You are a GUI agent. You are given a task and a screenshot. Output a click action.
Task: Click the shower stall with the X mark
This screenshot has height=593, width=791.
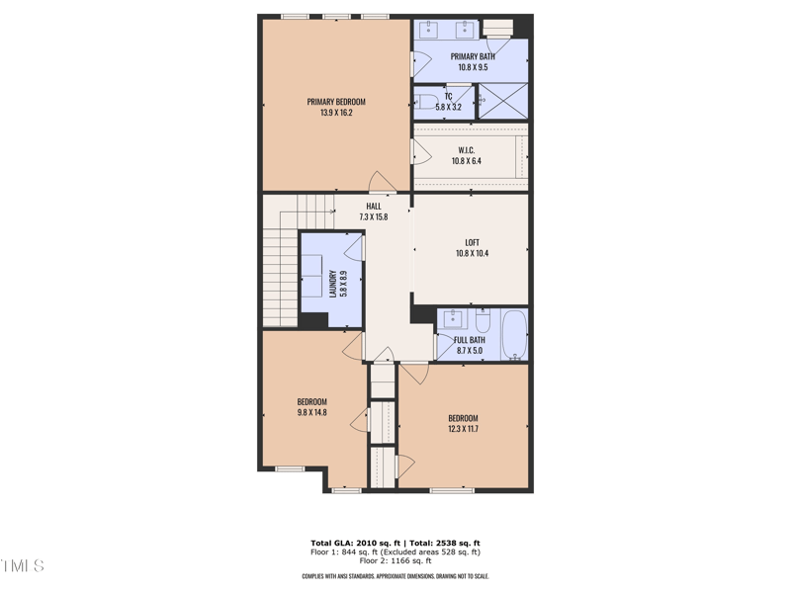pos(502,102)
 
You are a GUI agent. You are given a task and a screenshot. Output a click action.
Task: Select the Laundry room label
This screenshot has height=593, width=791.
pos(331,284)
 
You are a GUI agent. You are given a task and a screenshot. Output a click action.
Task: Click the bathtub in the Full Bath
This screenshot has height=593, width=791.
pos(514,334)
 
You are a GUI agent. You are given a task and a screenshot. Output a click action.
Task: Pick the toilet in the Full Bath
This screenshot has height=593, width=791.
pos(483,321)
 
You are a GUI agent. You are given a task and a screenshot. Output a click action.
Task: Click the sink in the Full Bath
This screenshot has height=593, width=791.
pos(452,318)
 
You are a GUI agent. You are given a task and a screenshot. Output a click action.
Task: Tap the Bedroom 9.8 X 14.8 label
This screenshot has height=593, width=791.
pos(312,407)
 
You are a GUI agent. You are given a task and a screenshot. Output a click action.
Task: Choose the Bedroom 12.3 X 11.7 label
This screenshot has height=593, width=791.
pos(463,423)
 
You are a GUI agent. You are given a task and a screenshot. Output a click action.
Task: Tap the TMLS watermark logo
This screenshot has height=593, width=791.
pos(22,566)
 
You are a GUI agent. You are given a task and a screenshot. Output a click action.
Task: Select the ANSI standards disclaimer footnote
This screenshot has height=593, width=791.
pos(395,576)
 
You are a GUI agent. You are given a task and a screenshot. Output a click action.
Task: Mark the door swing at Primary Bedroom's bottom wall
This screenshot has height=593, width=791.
pos(380,183)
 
